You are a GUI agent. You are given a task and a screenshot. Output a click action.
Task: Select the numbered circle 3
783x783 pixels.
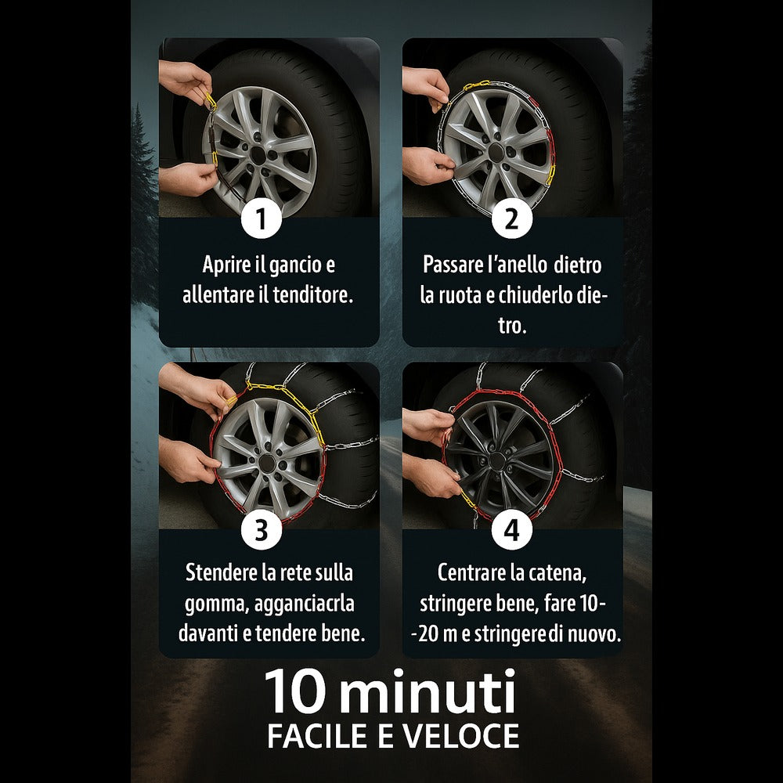point(262,530)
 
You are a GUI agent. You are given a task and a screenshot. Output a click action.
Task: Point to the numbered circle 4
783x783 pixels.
point(512,530)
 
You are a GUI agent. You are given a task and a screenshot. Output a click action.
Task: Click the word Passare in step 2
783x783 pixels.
point(453,264)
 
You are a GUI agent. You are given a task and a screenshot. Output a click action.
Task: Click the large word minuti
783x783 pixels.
point(424,691)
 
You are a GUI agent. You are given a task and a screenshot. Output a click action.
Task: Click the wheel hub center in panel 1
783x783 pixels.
point(258,155)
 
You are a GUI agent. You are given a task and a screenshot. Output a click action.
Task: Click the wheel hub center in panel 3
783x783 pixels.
point(267,463)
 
